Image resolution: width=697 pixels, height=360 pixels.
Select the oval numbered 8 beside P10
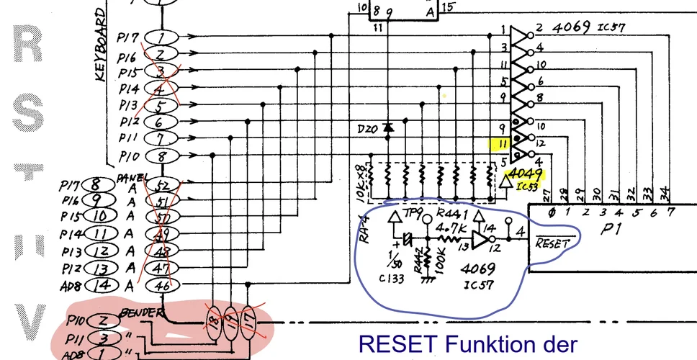click(x=162, y=156)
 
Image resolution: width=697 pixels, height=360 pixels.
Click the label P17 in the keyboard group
click(x=127, y=36)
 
